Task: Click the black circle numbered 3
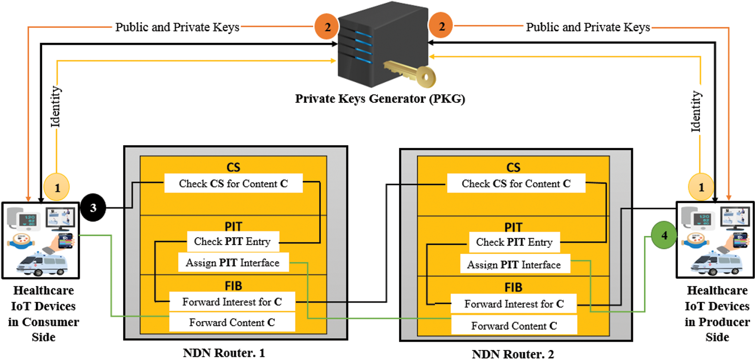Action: (x=93, y=208)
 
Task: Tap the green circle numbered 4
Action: (x=664, y=235)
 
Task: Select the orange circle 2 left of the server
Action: (x=327, y=27)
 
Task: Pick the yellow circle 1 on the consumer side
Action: (x=57, y=188)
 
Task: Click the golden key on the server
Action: (x=411, y=74)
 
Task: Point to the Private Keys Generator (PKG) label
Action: (x=380, y=99)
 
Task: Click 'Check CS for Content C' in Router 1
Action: (x=233, y=183)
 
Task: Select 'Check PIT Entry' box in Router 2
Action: (x=514, y=242)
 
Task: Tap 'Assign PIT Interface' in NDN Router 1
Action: (x=233, y=263)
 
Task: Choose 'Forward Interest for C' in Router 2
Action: (x=514, y=304)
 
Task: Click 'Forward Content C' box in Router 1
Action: (x=232, y=322)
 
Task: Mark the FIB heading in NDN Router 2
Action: (x=513, y=287)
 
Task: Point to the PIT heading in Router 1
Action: (x=233, y=226)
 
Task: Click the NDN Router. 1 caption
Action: (x=224, y=353)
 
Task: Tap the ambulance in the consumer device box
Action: (x=42, y=265)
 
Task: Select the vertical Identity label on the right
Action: (x=696, y=111)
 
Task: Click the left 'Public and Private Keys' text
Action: (x=177, y=27)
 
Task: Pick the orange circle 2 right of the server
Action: (x=441, y=26)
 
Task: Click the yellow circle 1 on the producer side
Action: (x=701, y=187)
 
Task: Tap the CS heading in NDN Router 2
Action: (x=513, y=167)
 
